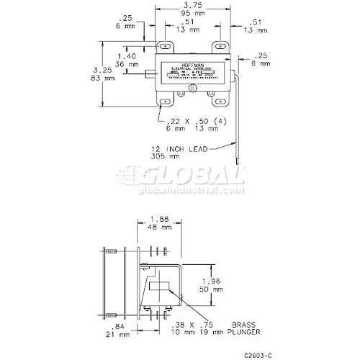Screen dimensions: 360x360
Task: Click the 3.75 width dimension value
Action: point(192,6)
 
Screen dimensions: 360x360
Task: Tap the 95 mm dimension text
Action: point(192,14)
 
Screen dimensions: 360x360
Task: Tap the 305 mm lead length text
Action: point(176,157)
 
